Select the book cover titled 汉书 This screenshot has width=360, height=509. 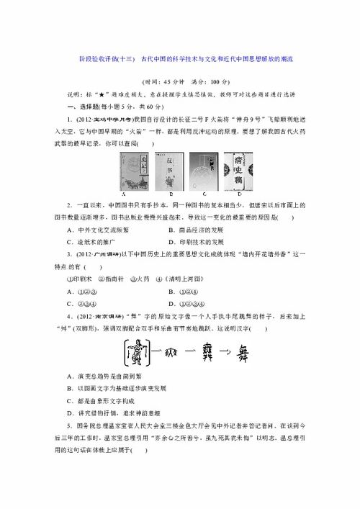pyautogui.click(x=169, y=171)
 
